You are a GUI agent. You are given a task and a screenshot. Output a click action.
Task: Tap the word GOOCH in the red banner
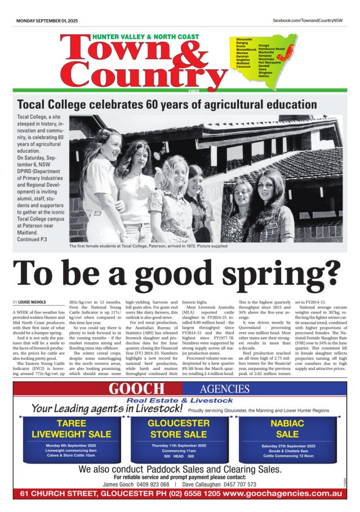pos(137,389)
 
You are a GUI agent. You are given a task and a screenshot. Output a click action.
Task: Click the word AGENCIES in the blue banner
pos(224,389)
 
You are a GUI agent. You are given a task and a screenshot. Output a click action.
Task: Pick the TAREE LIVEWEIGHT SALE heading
pos(71,429)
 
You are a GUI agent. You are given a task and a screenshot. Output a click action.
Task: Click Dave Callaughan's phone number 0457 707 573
pos(235,484)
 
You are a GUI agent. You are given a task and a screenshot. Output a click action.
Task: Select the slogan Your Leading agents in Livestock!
pos(107,408)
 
